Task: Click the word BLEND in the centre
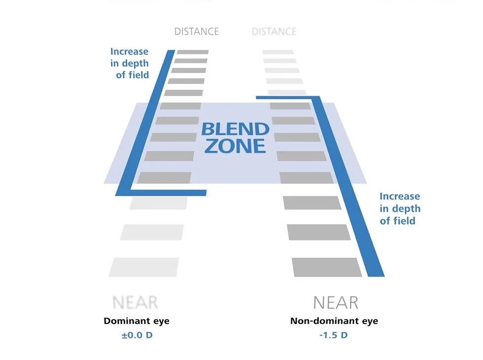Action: (x=235, y=130)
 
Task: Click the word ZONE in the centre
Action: (x=235, y=146)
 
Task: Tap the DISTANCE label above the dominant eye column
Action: (x=196, y=32)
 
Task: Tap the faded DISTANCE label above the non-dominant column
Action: (x=274, y=32)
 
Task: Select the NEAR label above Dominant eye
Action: (x=135, y=302)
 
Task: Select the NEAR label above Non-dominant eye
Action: (x=336, y=302)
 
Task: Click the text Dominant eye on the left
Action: (x=137, y=321)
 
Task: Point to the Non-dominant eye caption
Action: (x=334, y=321)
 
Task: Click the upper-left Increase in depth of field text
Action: (x=130, y=63)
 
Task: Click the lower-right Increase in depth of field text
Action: (x=400, y=209)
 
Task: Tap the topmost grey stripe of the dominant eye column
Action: (x=193, y=52)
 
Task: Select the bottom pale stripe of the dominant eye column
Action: (x=144, y=267)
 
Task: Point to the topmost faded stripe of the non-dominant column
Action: (x=278, y=52)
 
